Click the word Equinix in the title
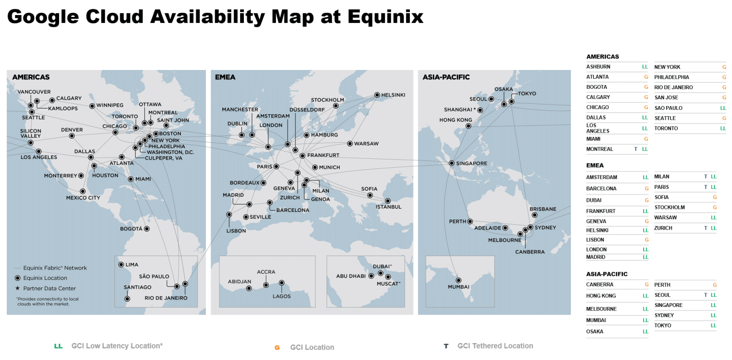pos(385,17)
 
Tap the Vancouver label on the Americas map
pos(34,92)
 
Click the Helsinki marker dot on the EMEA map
pos(377,95)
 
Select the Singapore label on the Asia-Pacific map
pos(472,163)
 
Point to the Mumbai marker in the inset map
pos(458,280)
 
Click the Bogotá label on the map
pos(131,229)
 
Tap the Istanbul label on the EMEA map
pos(388,207)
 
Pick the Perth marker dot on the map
pos(470,221)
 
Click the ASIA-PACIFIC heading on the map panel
pos(446,77)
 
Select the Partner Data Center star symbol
pos(18,288)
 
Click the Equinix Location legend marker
pos(18,278)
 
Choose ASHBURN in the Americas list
pos(598,67)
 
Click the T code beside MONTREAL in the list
pos(635,149)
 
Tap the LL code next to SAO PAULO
pos(723,108)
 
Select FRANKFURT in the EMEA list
pos(601,211)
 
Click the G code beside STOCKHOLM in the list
pos(715,208)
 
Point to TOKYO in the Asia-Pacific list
pos(662,326)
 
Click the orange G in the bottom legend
pos(277,348)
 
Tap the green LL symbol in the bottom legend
pos(58,346)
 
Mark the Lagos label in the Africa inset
pos(281,296)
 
